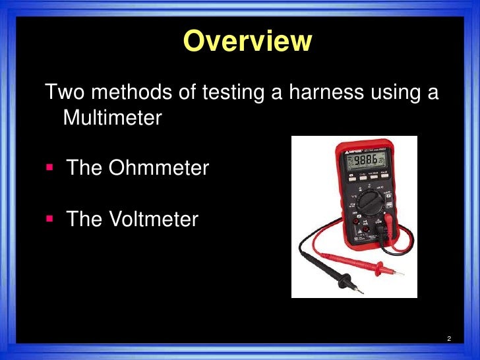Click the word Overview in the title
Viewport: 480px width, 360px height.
(x=247, y=41)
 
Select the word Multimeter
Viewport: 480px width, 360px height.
(x=111, y=119)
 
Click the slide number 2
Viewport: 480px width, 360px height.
(x=448, y=339)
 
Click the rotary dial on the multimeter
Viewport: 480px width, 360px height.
(x=365, y=210)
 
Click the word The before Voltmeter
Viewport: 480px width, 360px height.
(x=84, y=219)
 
